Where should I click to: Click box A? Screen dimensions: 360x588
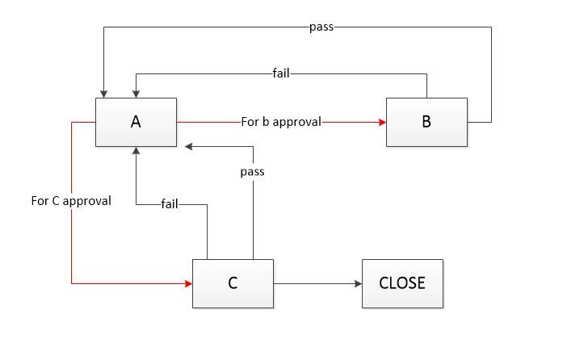136,122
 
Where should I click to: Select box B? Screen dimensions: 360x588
426,122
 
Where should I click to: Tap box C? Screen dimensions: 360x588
233,283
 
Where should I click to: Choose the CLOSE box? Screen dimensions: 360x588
402,283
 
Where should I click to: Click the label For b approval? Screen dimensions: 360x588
281,122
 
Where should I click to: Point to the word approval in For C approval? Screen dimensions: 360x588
86,201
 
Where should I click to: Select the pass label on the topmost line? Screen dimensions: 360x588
321,27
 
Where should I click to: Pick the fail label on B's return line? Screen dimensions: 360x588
281,74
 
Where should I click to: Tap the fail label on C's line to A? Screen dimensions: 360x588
170,204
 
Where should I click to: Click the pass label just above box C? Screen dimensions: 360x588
253,172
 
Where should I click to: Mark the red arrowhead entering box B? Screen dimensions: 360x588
382,122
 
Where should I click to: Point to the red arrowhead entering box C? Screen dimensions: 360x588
188,283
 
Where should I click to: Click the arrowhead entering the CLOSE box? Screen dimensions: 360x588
358,283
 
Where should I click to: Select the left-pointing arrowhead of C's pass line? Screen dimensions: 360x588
188,146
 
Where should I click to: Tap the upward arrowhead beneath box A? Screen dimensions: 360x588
136,151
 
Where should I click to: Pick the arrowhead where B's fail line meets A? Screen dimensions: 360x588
136,93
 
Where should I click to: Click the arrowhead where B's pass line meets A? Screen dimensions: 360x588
103,93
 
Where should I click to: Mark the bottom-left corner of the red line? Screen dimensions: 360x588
72,283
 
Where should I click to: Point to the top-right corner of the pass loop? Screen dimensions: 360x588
491,27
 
